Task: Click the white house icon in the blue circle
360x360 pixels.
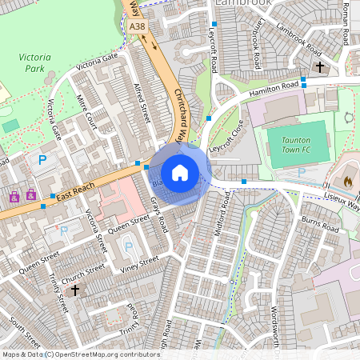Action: click(180, 172)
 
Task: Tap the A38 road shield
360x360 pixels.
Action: click(138, 26)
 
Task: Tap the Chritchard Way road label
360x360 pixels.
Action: click(186, 112)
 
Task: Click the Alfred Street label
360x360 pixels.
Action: click(142, 105)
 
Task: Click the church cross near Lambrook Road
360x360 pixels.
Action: click(321, 67)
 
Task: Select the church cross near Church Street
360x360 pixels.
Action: click(75, 290)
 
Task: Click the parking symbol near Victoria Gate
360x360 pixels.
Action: click(42, 161)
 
